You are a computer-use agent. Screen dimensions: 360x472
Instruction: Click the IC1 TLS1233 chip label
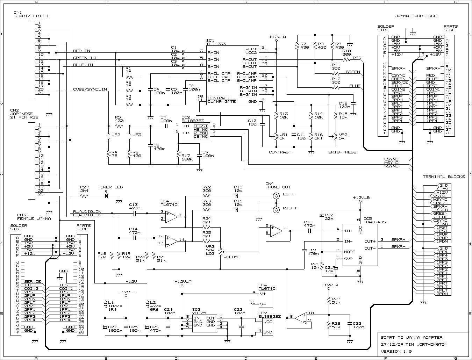(216, 42)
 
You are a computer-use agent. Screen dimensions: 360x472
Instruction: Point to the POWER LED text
(110, 187)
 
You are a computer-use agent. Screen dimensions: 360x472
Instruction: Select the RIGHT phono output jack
(276, 210)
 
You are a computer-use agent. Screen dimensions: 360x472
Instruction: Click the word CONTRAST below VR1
(280, 152)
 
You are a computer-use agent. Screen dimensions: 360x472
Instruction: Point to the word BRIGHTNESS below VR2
(342, 152)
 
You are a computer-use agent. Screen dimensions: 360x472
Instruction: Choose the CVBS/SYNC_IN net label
(90, 89)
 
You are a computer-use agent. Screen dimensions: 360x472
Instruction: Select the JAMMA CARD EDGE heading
(415, 16)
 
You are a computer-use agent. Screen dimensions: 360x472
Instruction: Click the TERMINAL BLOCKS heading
(444, 177)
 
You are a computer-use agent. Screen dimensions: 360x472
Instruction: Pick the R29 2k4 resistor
(84, 196)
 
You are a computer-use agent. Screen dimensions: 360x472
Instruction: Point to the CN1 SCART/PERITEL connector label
(31, 14)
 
